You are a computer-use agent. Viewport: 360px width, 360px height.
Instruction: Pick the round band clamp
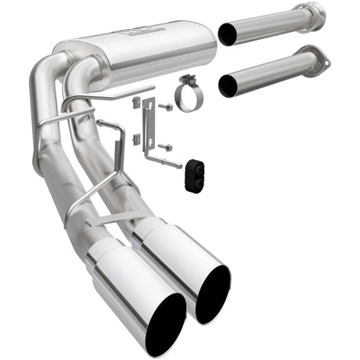(188, 96)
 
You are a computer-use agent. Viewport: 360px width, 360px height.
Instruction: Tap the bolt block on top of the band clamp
(187, 80)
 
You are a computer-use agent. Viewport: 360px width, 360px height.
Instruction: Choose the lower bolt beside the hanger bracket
(166, 146)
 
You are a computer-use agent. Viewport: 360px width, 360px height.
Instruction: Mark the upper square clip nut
(136, 101)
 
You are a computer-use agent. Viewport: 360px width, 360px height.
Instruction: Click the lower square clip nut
(135, 139)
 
